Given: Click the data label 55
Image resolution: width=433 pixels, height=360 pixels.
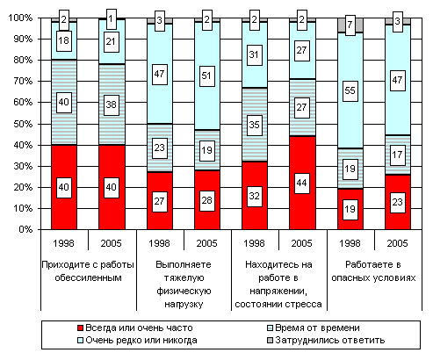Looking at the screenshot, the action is click(350, 91).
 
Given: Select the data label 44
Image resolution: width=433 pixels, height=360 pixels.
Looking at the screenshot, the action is click(302, 184).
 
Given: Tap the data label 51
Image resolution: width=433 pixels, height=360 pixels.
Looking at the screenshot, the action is click(206, 76).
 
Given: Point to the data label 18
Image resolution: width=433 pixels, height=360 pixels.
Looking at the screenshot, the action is click(64, 40).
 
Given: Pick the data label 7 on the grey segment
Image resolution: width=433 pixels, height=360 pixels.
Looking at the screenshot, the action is click(350, 25).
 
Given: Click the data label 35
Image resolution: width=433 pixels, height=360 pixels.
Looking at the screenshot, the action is click(254, 126).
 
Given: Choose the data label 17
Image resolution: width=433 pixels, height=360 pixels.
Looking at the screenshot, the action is click(397, 155).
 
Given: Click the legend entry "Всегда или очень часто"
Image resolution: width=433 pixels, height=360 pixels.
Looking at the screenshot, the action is click(135, 328).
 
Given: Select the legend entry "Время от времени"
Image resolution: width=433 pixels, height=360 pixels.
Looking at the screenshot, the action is click(314, 328).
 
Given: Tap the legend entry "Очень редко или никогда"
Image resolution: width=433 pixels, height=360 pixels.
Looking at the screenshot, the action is click(137, 341).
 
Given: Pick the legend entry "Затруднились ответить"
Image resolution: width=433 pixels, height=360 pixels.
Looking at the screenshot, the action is click(326, 341).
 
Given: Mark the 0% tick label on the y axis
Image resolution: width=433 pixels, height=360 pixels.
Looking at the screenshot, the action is click(25, 229).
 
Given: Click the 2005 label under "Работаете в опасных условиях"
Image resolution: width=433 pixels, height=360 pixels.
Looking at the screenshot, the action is click(397, 243).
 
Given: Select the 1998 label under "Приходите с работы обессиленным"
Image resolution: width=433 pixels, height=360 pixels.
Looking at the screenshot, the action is click(63, 243).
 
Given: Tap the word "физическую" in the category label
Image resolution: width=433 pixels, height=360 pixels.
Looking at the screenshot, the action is click(184, 292).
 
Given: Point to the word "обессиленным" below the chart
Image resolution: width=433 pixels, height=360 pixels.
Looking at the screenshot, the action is click(88, 277).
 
